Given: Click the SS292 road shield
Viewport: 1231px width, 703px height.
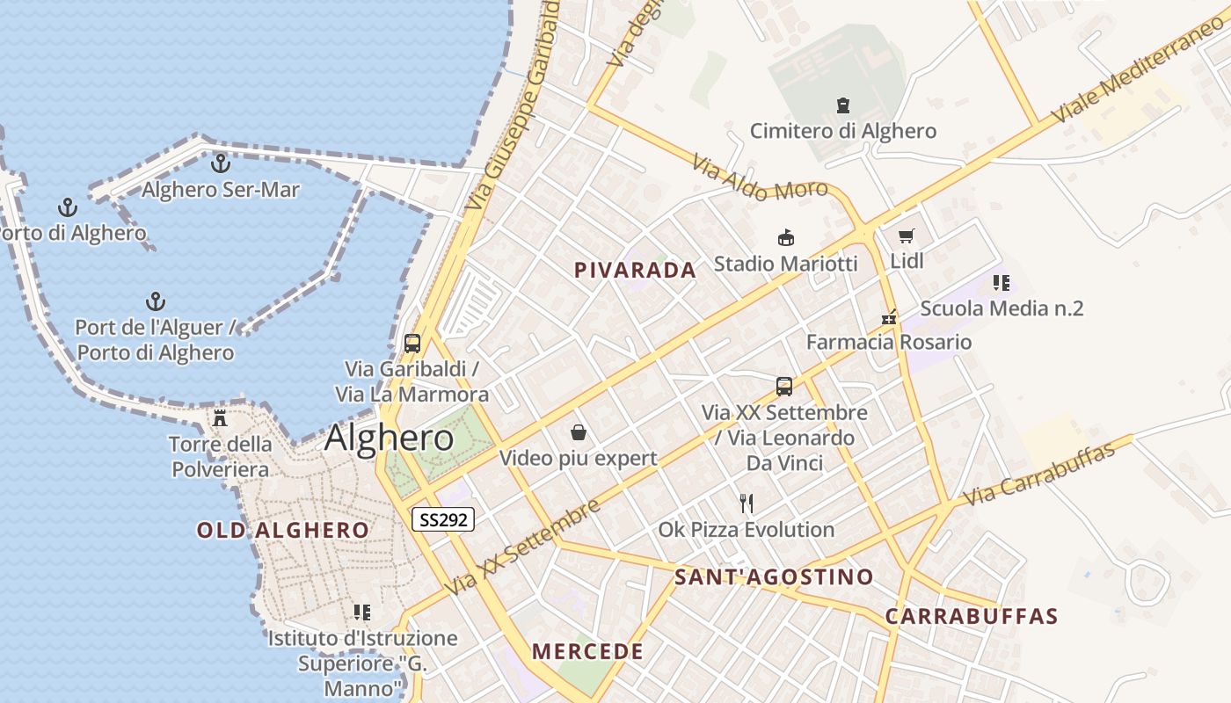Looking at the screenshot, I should click(443, 519).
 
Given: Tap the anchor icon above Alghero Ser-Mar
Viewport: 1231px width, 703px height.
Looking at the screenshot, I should click(220, 163).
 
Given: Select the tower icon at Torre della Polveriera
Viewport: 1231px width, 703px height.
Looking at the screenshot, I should click(220, 417).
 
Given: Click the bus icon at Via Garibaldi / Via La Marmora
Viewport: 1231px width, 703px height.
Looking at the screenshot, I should click(412, 343).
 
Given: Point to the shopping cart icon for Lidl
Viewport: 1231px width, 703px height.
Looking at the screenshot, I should click(907, 236).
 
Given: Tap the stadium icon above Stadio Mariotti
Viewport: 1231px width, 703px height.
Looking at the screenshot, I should click(786, 237).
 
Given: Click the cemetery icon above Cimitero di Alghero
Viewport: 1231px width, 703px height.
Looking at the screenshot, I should click(843, 105).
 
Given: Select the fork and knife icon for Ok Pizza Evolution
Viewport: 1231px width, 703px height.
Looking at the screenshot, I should click(747, 503).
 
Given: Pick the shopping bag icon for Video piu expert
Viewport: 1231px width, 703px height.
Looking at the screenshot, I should click(579, 431).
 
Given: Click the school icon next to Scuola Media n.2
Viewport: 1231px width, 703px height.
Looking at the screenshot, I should click(1001, 283).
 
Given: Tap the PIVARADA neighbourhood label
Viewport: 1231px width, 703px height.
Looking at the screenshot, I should click(635, 271).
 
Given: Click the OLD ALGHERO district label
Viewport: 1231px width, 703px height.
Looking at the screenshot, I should click(282, 530).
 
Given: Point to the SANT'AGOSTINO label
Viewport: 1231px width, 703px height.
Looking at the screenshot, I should click(774, 577).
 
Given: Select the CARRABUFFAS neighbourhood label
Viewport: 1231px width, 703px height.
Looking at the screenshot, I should click(971, 616).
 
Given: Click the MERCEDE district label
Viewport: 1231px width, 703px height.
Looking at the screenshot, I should click(587, 651).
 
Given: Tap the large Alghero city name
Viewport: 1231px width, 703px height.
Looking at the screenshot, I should click(389, 438).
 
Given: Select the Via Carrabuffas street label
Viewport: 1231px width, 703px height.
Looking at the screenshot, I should click(1038, 474).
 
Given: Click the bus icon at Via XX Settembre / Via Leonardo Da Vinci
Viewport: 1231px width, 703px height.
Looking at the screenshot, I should click(784, 387).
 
